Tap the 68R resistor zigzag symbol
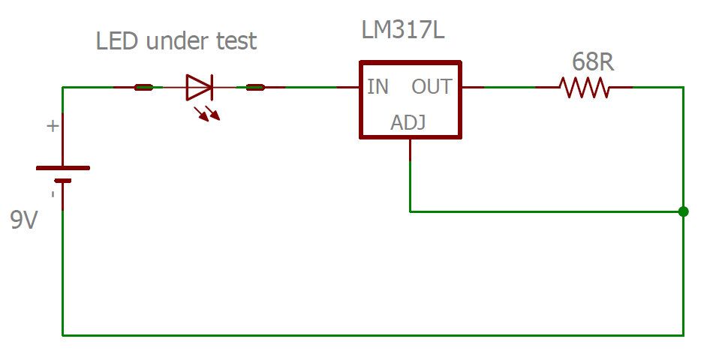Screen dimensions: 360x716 pos(585,88)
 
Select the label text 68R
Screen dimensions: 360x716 pos(592,62)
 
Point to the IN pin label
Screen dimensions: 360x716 pos(378,87)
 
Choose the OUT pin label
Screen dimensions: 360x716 pos(432,87)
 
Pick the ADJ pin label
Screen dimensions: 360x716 pos(408,122)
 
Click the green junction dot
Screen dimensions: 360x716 pos(683,211)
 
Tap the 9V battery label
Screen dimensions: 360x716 pos(23,220)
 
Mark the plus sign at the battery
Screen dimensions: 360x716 pos(52,126)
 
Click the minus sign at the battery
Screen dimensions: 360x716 pos(52,194)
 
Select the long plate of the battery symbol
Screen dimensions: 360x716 pos(63,168)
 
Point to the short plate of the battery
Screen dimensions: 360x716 pos(63,181)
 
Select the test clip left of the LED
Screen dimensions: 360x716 pos(143,88)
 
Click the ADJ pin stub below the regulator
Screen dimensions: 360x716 pos(410,150)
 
